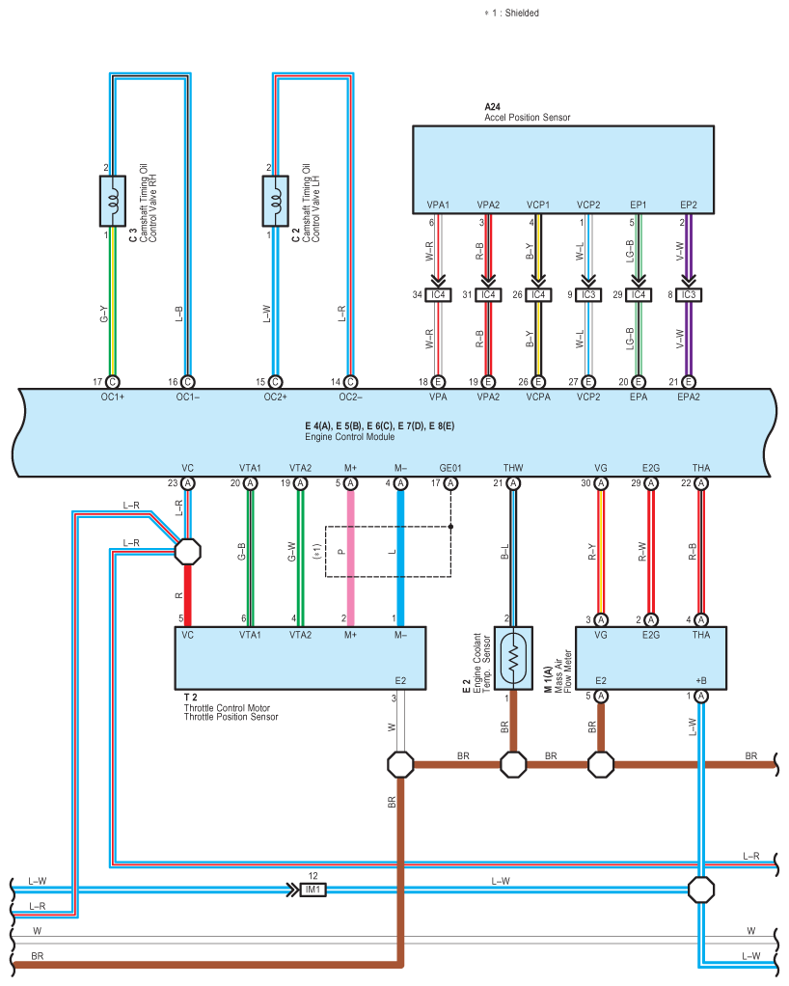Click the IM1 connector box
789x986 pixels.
[313, 890]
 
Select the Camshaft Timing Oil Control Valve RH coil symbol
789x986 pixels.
[113, 201]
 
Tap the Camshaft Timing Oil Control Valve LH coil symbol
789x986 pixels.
[275, 201]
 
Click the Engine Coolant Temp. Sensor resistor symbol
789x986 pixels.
[513, 658]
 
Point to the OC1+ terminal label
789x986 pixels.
[113, 397]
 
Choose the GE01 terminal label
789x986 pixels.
[450, 468]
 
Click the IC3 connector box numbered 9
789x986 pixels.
[587, 295]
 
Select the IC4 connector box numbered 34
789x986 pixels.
[438, 295]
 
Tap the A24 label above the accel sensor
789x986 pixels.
[492, 107]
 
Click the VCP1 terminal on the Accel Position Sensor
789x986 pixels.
[538, 205]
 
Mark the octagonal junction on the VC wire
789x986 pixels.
[187, 552]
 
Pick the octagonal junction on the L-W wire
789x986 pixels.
[701, 890]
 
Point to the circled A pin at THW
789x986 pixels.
[513, 483]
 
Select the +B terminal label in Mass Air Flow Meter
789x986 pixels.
[701, 681]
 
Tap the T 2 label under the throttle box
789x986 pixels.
[190, 698]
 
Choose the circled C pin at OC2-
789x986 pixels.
[351, 382]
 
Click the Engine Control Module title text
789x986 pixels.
[349, 437]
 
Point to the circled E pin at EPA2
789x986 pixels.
[689, 382]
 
